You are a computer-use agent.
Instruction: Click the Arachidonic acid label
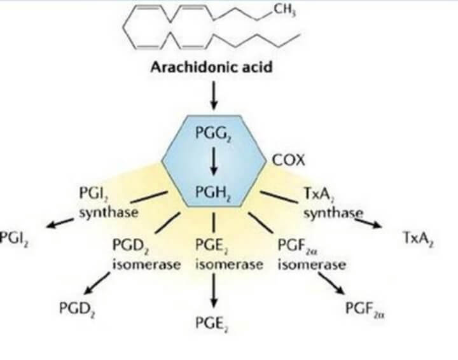tap(211, 67)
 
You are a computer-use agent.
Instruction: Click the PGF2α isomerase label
tap(311, 254)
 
